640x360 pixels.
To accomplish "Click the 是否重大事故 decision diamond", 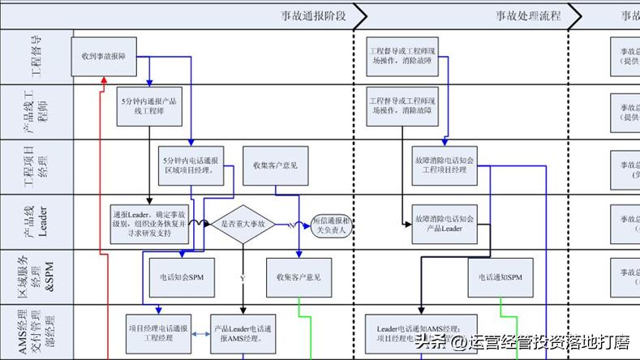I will tap(242, 223).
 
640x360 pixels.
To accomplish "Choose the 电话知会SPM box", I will tap(183, 276).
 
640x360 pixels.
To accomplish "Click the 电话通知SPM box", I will tap(500, 276).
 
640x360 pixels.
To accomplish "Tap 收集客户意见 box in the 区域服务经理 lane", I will tap(299, 276).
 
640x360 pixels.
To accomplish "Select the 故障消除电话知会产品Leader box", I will tap(444, 224).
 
